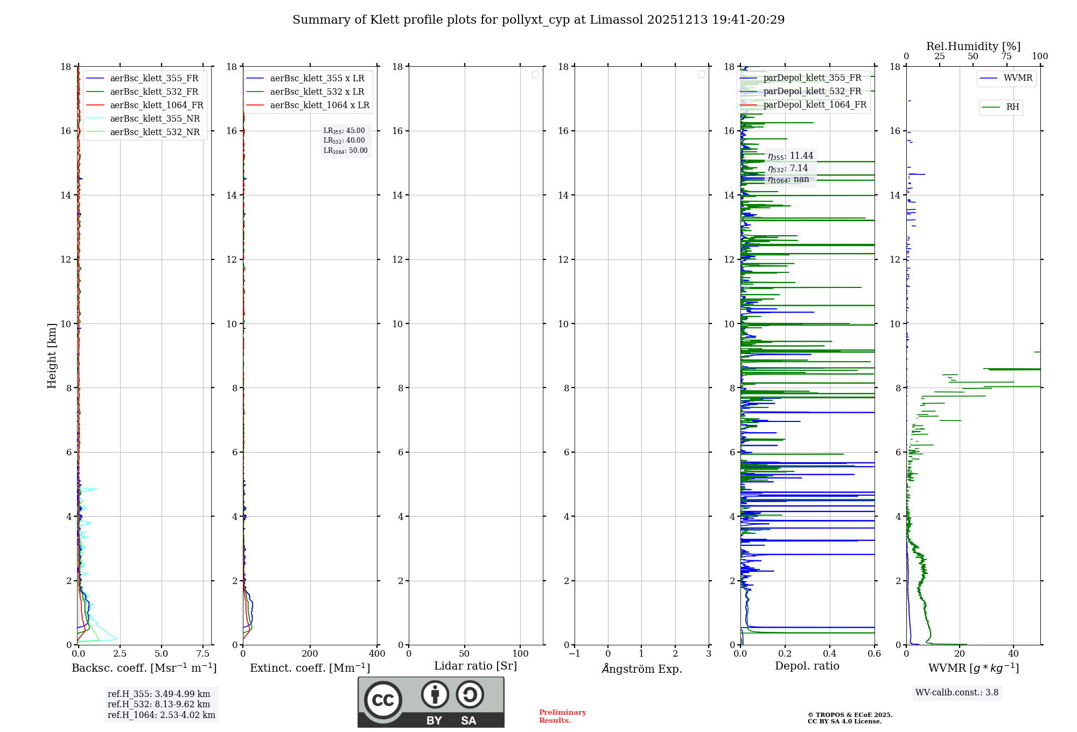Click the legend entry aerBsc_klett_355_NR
click(x=155, y=118)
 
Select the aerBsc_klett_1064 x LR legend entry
click(x=319, y=105)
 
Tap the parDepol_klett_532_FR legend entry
click(x=812, y=91)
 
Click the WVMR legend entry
click(x=1018, y=78)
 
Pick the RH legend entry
click(x=1012, y=107)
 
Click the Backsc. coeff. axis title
click(x=144, y=668)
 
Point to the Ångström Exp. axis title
click(x=641, y=668)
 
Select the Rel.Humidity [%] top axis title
click(x=973, y=46)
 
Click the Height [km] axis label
click(x=52, y=356)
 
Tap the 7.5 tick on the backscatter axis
click(x=203, y=654)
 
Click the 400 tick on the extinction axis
click(x=377, y=654)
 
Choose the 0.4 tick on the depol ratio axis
click(x=830, y=654)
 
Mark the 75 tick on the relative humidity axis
click(x=1006, y=56)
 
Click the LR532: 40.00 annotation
click(x=344, y=140)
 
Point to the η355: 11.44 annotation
click(x=790, y=156)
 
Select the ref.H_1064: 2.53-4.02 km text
click(x=161, y=715)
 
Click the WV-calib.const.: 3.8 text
click(x=956, y=692)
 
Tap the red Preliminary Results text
click(x=562, y=716)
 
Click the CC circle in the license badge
click(x=383, y=700)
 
